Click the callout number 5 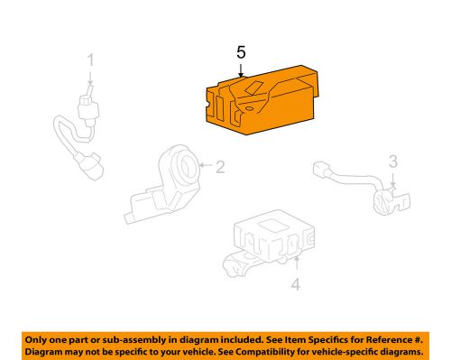pos(241,52)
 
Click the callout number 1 pos(90,60)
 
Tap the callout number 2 pos(220,167)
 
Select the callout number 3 pos(393,162)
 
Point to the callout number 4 pos(296,284)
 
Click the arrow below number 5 pos(241,69)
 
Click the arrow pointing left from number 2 pos(206,165)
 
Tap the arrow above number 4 pos(297,263)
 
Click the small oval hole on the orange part pos(249,108)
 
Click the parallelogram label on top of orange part pos(253,88)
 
